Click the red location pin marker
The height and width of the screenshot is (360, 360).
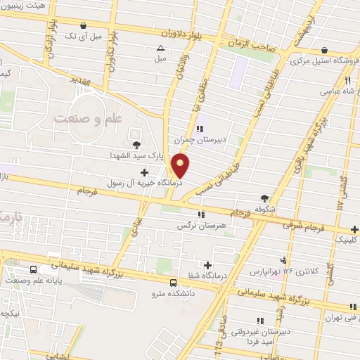click(x=181, y=166)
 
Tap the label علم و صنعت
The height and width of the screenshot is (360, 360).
click(x=85, y=118)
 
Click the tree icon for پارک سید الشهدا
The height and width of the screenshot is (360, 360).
click(x=136, y=144)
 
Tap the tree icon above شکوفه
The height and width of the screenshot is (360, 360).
click(x=264, y=198)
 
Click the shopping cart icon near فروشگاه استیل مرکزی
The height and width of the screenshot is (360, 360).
click(x=324, y=50)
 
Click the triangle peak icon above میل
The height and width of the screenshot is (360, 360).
click(x=161, y=49)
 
